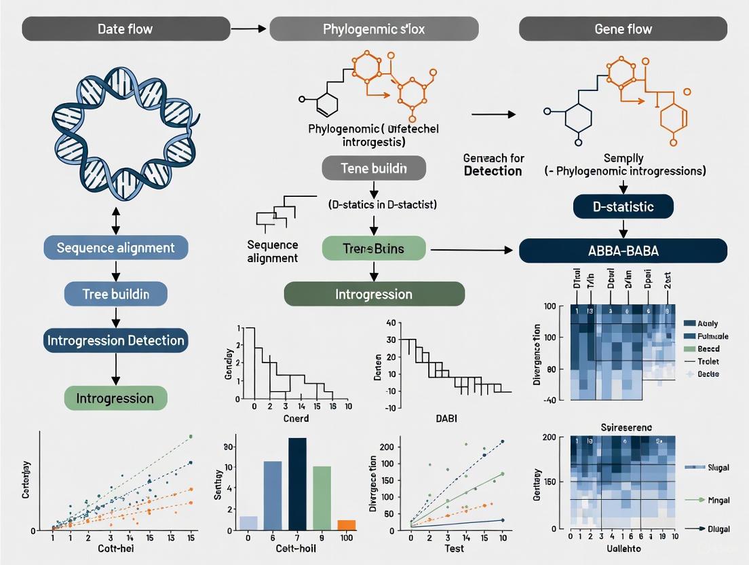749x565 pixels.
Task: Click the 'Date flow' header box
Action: (x=126, y=29)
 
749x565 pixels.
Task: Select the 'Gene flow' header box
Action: (x=622, y=29)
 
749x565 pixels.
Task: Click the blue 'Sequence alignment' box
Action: (x=115, y=248)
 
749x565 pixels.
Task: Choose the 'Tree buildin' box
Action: (x=115, y=294)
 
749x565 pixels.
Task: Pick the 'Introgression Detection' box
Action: (x=115, y=340)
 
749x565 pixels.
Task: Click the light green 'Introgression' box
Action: (x=115, y=398)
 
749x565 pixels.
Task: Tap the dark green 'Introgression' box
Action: (x=374, y=294)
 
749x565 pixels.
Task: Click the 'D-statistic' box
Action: (x=623, y=206)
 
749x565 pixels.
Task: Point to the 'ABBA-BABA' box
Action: (x=623, y=250)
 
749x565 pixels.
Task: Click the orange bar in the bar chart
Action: (x=346, y=525)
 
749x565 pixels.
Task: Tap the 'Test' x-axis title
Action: (x=455, y=547)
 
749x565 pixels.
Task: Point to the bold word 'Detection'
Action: (x=493, y=171)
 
